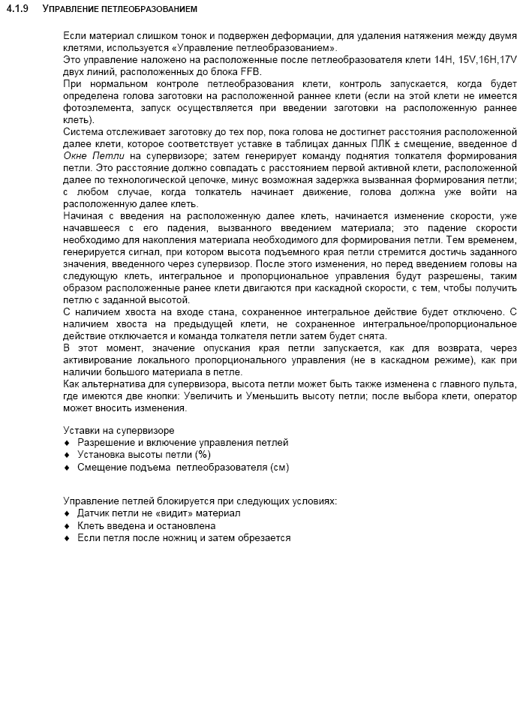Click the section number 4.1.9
point(17,9)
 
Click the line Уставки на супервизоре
point(119,430)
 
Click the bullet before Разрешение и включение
point(67,443)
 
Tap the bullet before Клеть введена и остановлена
point(67,526)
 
